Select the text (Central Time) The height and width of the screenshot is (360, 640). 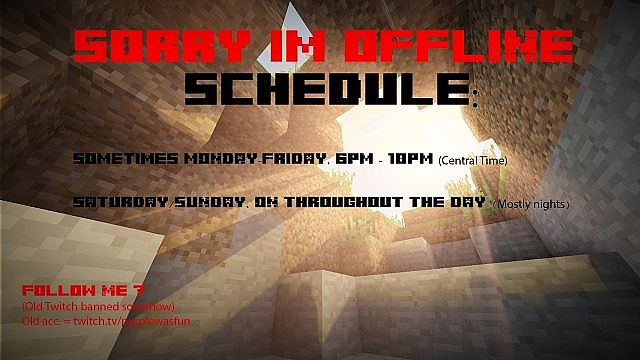coord(473,160)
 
